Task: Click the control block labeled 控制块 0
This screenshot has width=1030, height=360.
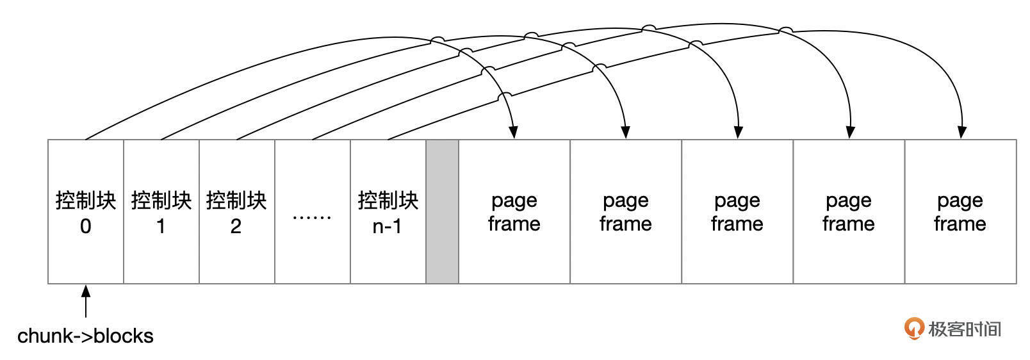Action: tap(86, 211)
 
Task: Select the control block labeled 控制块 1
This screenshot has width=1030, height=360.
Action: tap(161, 211)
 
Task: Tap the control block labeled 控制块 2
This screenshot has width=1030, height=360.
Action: tap(237, 211)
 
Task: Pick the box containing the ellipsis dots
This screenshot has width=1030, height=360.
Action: tap(312, 211)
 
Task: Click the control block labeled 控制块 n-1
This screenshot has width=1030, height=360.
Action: tap(388, 211)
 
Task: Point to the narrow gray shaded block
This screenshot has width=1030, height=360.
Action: tap(442, 211)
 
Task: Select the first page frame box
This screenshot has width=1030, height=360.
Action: tap(514, 211)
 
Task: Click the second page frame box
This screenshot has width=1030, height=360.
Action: tap(626, 211)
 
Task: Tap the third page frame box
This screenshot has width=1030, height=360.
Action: tap(737, 211)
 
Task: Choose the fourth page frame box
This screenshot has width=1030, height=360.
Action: tap(849, 211)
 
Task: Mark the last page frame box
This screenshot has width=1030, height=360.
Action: tap(960, 211)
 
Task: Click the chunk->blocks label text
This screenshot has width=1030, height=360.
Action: tap(85, 336)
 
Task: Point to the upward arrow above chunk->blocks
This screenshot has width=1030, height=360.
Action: tap(85, 301)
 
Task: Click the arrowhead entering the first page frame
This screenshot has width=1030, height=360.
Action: tap(514, 133)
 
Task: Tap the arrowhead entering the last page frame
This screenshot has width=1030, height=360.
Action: tap(961, 133)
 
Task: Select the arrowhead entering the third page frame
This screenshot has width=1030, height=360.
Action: tap(738, 133)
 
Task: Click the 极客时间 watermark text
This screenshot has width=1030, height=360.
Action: tap(965, 329)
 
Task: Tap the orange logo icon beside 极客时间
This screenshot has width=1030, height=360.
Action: tap(913, 328)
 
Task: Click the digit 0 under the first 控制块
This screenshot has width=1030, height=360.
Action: tap(85, 227)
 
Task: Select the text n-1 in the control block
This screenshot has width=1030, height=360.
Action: tap(387, 227)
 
